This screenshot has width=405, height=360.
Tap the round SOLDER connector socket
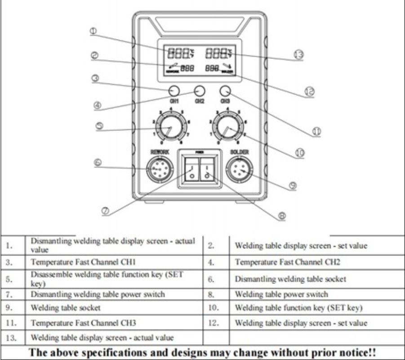coord(239,171)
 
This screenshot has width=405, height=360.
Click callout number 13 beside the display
coord(298,55)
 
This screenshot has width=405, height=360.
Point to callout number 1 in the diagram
coord(93,31)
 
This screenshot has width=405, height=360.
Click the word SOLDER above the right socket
coord(239,153)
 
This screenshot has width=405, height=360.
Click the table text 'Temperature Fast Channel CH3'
coord(83,323)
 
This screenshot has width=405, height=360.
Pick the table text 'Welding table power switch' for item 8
coord(281,294)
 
